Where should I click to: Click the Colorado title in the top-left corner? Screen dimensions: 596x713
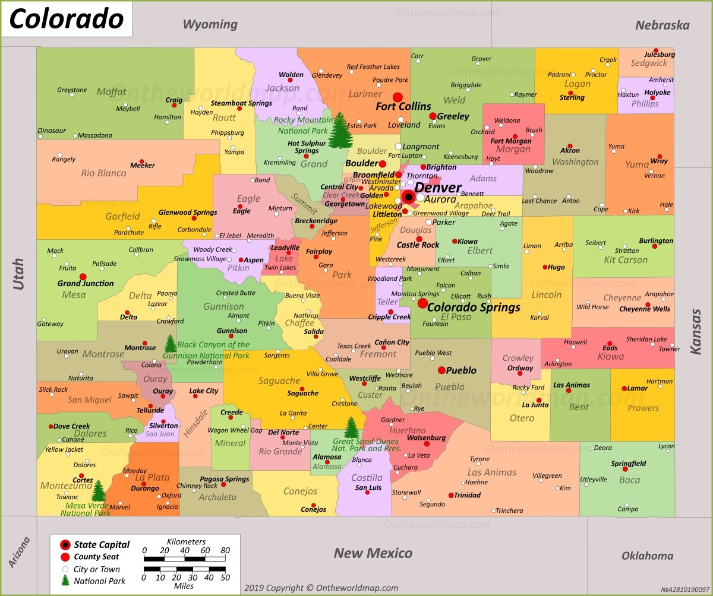pyautogui.click(x=66, y=19)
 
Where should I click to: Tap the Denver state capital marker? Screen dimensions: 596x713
pyautogui.click(x=408, y=196)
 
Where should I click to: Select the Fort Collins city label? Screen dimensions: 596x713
pyautogui.click(x=403, y=106)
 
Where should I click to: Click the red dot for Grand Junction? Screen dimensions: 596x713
pyautogui.click(x=83, y=277)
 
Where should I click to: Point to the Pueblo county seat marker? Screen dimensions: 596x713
pyautogui.click(x=441, y=370)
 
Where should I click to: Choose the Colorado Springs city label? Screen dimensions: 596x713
pyautogui.click(x=474, y=307)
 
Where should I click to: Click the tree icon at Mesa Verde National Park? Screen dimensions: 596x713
pyautogui.click(x=99, y=491)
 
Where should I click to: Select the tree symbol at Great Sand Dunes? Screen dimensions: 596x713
pyautogui.click(x=352, y=427)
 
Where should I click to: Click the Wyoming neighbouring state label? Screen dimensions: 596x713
pyautogui.click(x=210, y=24)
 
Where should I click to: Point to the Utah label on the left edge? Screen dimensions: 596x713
pyautogui.click(x=18, y=274)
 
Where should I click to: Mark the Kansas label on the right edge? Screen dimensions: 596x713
pyautogui.click(x=696, y=335)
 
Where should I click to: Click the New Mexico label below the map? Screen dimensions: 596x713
pyautogui.click(x=373, y=553)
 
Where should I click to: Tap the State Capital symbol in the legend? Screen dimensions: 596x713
pyautogui.click(x=65, y=545)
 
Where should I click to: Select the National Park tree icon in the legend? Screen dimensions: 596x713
pyautogui.click(x=65, y=581)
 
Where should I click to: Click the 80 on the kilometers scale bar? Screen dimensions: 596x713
pyautogui.click(x=225, y=551)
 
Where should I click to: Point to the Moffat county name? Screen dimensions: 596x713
pyautogui.click(x=111, y=91)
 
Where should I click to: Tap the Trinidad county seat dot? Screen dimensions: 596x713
pyautogui.click(x=451, y=495)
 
